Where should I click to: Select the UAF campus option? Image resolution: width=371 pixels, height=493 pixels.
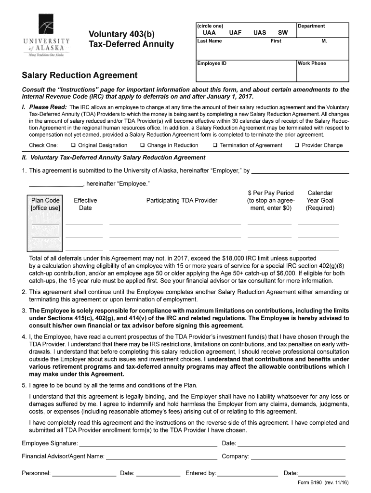point(235,33)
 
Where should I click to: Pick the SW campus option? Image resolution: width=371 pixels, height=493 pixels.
point(283,33)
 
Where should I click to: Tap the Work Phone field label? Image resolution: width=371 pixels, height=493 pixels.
point(312,64)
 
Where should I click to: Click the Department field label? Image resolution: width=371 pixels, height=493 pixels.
point(312,26)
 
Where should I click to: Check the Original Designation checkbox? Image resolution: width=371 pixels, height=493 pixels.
point(73,145)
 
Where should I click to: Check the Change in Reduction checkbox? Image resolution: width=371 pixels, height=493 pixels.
point(143,145)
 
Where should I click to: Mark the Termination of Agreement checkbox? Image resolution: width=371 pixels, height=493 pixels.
point(215,145)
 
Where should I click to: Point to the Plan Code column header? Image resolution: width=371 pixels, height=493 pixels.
point(45,204)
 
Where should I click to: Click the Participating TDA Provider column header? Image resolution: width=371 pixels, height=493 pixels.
point(182,200)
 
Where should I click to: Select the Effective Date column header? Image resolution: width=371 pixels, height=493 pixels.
point(85,204)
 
